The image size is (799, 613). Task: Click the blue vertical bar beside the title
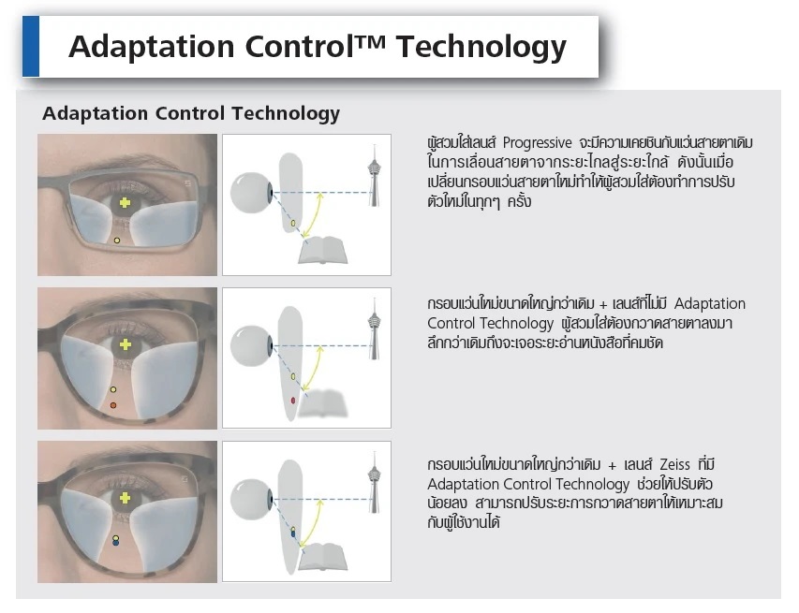31,47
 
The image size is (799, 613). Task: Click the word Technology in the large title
481,48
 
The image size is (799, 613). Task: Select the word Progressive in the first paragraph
537,143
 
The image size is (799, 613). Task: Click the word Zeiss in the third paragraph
674,464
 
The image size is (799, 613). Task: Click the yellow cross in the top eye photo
125,203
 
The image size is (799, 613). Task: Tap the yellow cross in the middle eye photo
126,345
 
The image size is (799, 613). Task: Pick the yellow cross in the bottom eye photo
125,498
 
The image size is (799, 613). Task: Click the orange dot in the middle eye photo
113,405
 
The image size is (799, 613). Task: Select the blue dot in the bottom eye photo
115,543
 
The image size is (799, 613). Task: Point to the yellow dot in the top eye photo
117,241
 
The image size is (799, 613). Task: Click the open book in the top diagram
322,250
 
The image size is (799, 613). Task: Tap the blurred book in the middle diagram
322,403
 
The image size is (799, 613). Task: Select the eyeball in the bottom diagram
251,499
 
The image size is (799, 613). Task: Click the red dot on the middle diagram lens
293,401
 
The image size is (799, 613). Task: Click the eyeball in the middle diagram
251,345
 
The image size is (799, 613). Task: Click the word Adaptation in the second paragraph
709,304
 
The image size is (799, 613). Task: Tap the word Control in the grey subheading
189,113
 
